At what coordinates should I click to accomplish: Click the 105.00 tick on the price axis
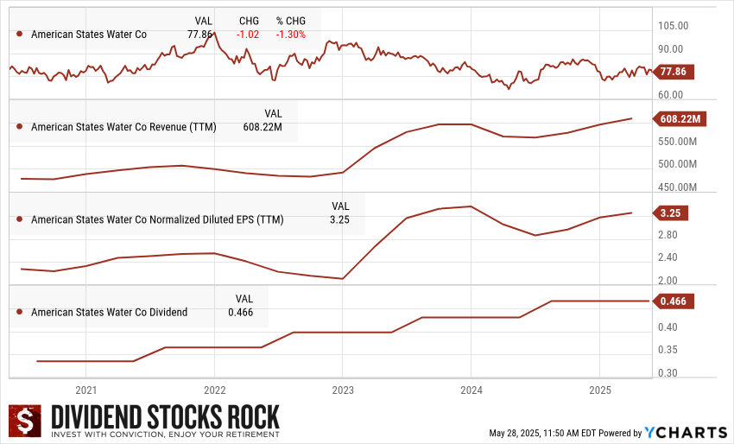[x=674, y=27]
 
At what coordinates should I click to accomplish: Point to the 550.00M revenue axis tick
[x=677, y=142]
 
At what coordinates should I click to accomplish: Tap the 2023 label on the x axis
[x=343, y=390]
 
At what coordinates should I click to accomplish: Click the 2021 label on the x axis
[x=85, y=390]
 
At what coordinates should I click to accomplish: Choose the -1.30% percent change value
[x=289, y=35]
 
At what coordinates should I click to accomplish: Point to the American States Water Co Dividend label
[x=109, y=313]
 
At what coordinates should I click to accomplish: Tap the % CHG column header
[x=291, y=21]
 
